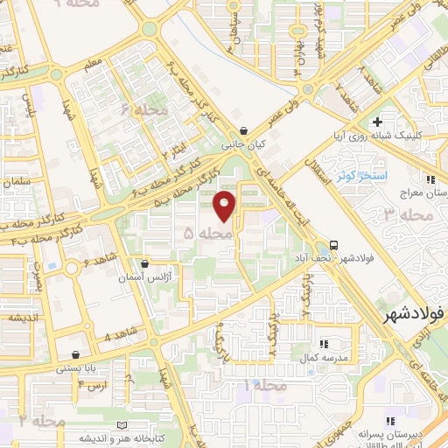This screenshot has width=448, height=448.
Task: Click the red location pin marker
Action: [x=226, y=206]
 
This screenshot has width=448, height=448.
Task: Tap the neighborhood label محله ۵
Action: [x=209, y=234]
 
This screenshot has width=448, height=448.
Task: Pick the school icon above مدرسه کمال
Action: [x=323, y=344]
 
